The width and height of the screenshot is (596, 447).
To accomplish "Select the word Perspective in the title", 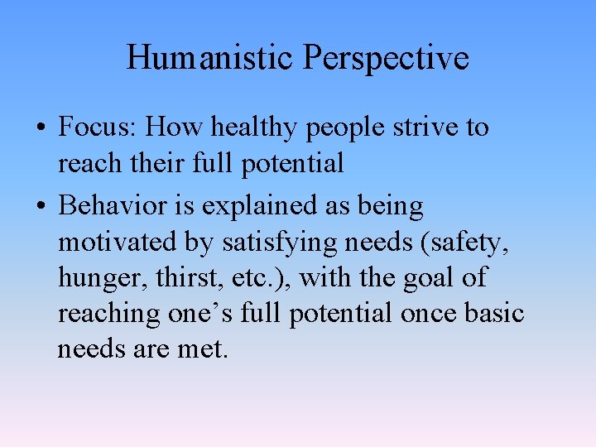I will pyautogui.click(x=386, y=58).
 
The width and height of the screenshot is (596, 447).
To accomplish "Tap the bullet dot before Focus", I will pyautogui.click(x=40, y=129).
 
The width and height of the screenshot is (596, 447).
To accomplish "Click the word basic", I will pyautogui.click(x=493, y=314).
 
